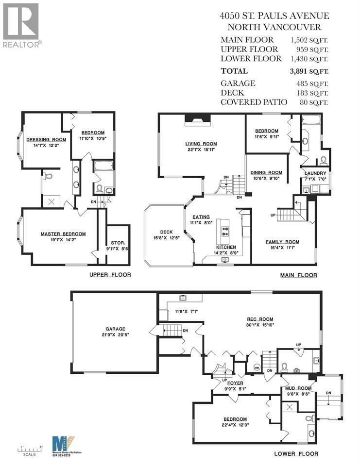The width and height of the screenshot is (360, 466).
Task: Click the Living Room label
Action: pyautogui.click(x=201, y=144)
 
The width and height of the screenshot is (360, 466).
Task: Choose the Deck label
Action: pyautogui.click(x=160, y=232)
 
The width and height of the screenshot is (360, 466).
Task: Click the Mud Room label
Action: pyautogui.click(x=295, y=388)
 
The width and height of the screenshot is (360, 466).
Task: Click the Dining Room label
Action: pyautogui.click(x=266, y=172)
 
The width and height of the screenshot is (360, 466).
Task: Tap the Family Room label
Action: pyautogui.click(x=282, y=241)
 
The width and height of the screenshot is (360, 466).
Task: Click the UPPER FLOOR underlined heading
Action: pyautogui.click(x=110, y=275)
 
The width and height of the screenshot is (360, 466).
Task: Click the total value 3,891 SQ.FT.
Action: pyautogui.click(x=309, y=71)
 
